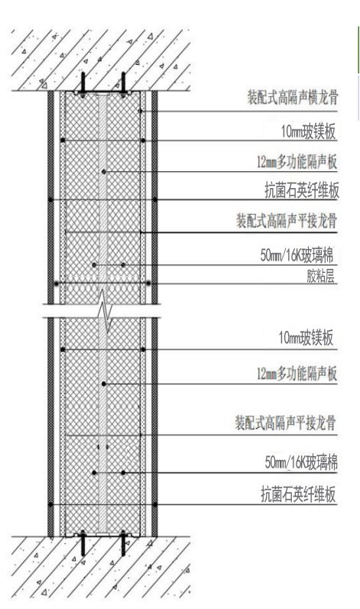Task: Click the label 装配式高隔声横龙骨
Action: coord(293,98)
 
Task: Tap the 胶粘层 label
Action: coord(320,277)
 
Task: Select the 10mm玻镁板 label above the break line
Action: coord(308,132)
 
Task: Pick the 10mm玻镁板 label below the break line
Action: coord(306,338)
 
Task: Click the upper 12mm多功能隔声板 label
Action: coord(297,162)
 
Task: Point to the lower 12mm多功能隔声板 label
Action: coord(297,374)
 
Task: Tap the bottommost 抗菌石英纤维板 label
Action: coord(298,495)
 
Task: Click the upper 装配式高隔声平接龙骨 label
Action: coord(287,222)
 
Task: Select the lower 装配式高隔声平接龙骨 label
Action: coord(285,423)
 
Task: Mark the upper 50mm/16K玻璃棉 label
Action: coord(297,256)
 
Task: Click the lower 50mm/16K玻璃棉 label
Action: coord(301,463)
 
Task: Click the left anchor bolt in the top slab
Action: coord(83,84)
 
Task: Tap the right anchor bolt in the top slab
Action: coord(123,84)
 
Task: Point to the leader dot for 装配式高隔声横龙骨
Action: coord(140,112)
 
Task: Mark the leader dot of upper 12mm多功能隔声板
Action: coord(104,172)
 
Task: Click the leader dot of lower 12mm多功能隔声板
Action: coord(104,384)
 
